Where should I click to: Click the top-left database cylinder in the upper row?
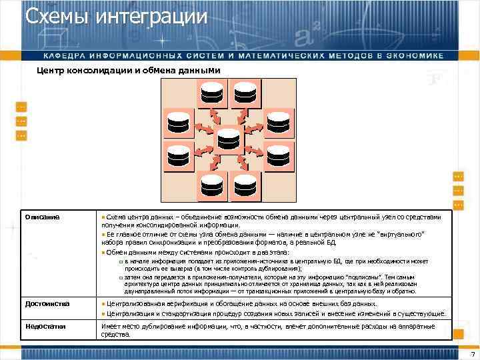pyautogui.click(x=212, y=93)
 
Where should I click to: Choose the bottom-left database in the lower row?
pyautogui.click(x=212, y=185)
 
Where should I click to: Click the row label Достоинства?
pyautogui.click(x=47, y=304)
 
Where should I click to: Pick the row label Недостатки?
pyautogui.click(x=46, y=326)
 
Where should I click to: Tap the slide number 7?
pyautogui.click(x=472, y=353)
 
